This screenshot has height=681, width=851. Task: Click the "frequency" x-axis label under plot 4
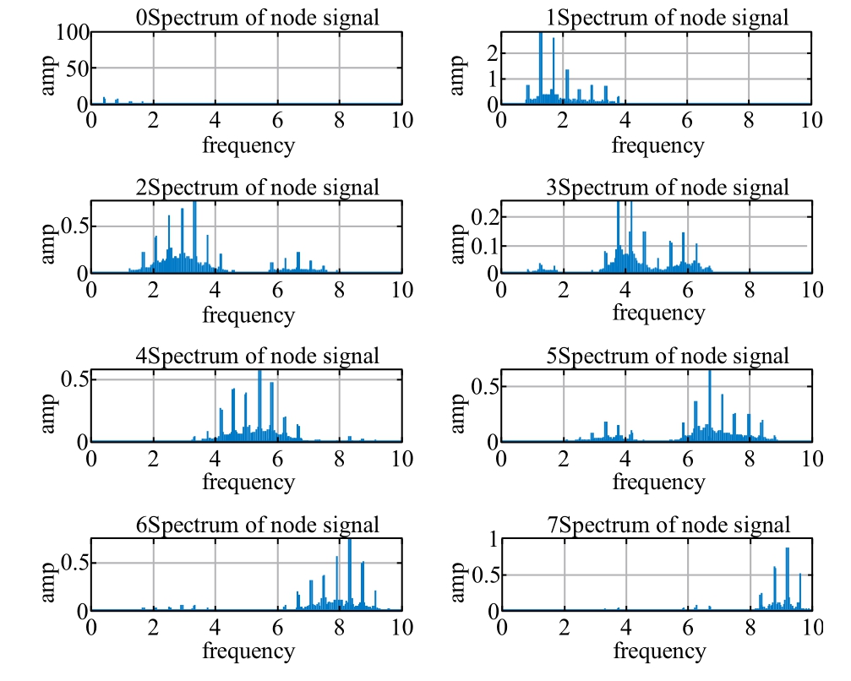(248, 482)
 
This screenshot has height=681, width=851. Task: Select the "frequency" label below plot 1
(657, 145)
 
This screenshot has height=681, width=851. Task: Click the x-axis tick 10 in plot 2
(402, 290)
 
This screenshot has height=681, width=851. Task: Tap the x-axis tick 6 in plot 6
(277, 628)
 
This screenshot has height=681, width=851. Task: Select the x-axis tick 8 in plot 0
(340, 121)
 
